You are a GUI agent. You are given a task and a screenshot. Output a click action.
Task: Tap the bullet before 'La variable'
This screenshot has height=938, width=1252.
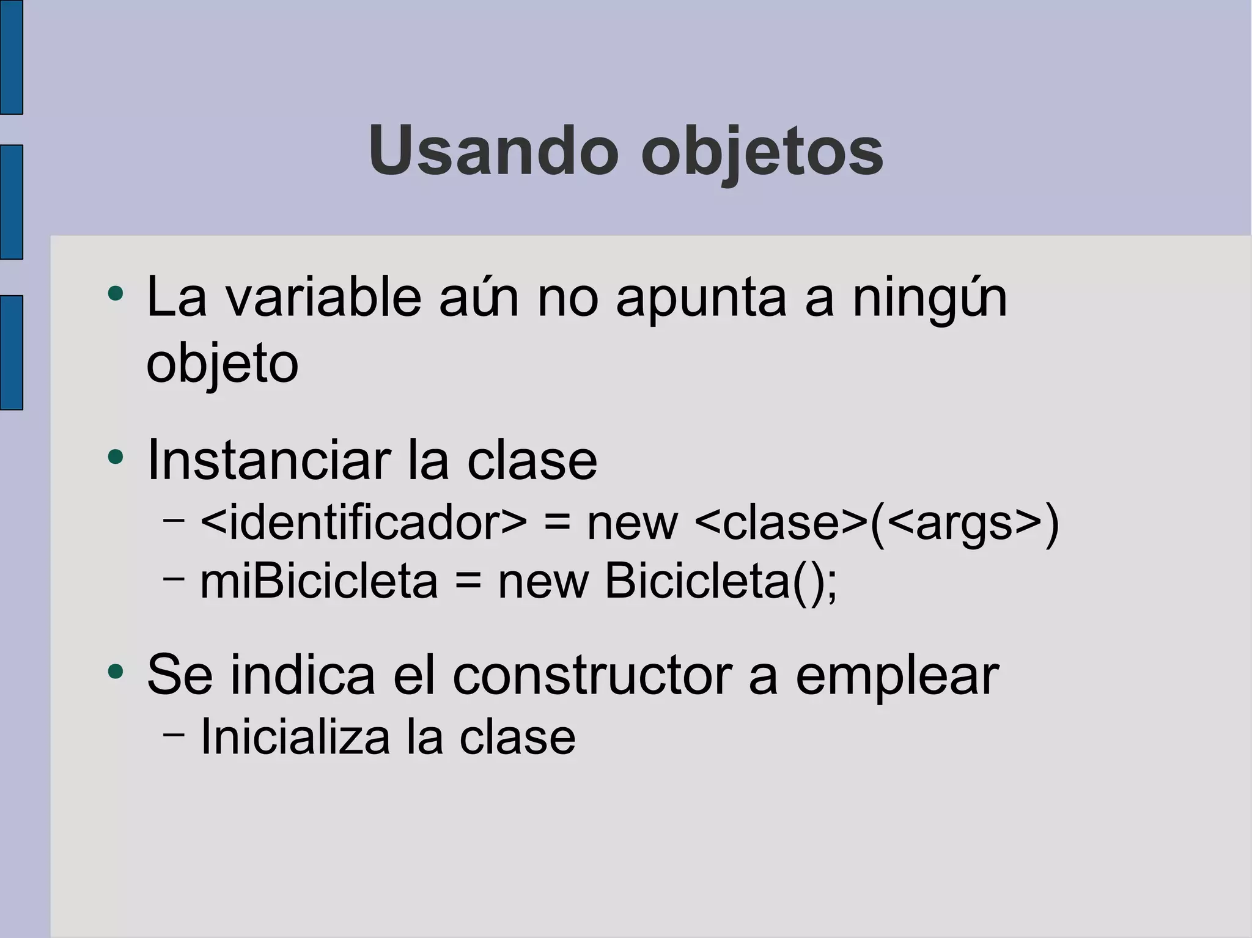point(115,294)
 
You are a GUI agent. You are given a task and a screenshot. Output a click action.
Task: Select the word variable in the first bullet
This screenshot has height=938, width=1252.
point(323,298)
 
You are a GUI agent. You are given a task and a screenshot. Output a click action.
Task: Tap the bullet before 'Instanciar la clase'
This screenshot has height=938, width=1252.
point(115,456)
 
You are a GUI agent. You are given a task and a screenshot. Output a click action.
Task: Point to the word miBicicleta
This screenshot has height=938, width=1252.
point(319,581)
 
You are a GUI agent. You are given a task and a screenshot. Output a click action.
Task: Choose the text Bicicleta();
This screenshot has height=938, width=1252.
point(721,581)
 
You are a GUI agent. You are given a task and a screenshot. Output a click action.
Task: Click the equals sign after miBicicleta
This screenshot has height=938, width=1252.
point(468,582)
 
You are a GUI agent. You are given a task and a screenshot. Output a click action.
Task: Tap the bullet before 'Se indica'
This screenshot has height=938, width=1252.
point(115,672)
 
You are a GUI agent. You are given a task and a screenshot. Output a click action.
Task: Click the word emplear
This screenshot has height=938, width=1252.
point(897,677)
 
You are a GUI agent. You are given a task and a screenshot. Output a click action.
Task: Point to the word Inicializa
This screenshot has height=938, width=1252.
point(295,736)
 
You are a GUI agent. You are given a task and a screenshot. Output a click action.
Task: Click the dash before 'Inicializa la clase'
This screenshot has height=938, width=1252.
point(174,734)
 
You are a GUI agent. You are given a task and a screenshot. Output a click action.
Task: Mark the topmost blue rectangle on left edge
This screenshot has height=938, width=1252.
point(11,57)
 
